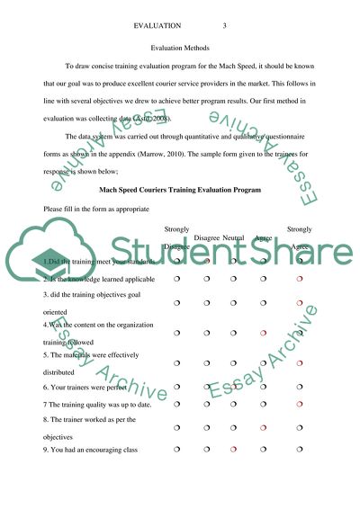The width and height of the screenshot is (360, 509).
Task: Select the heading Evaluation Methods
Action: [180, 44]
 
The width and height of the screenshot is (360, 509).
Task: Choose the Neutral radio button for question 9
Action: [234, 448]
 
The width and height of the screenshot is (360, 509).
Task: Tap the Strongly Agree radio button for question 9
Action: [299, 448]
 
